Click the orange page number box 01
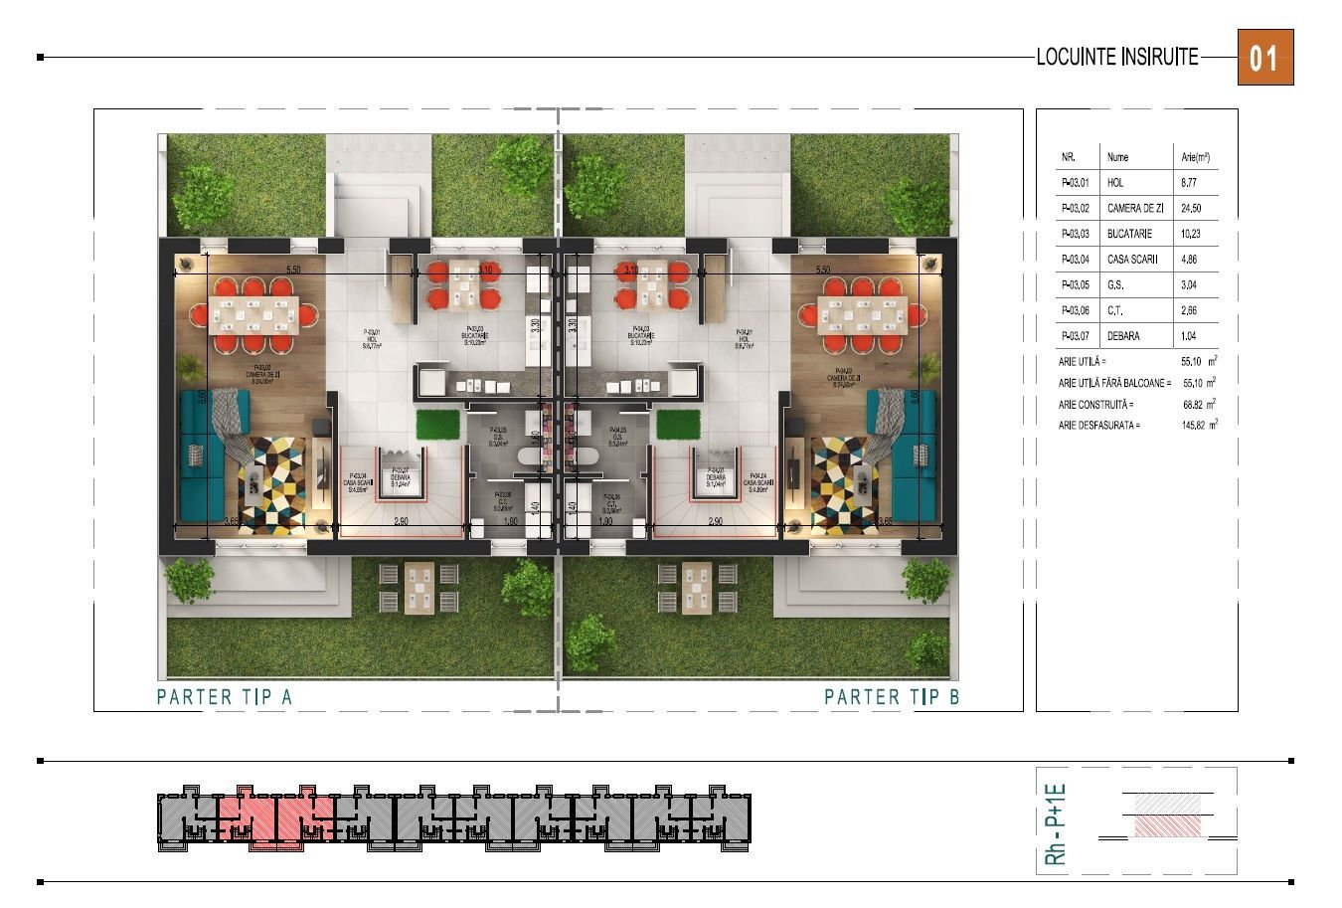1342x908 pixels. coord(1264,58)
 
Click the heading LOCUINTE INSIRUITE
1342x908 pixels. coord(1117,58)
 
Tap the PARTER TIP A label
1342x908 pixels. coord(225,696)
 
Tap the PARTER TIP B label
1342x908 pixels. coord(892,696)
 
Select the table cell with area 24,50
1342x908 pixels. coord(1191,209)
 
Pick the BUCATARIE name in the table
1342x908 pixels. coord(1129,234)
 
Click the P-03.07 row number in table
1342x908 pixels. coord(1076,336)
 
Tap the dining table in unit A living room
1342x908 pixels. coord(252,316)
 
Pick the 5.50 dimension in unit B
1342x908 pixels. coord(822,270)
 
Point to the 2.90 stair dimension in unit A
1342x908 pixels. coord(401,521)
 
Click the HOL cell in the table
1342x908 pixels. coord(1115,183)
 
